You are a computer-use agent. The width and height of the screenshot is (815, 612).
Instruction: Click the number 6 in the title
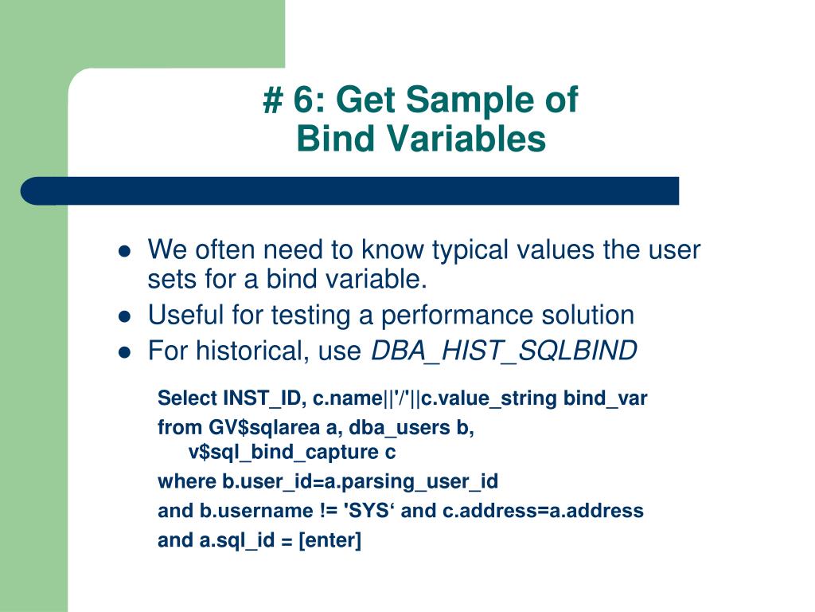click(303, 101)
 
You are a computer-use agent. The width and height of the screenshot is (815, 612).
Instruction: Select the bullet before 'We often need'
click(124, 251)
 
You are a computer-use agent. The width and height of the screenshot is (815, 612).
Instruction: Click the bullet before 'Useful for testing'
click(124, 316)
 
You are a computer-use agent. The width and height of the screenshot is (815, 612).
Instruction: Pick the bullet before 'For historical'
click(124, 351)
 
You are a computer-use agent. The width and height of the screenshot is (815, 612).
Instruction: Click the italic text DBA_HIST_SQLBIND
click(504, 351)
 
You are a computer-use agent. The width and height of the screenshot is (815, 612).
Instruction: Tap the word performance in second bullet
click(469, 315)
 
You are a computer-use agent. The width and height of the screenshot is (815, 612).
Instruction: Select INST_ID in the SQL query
click(252, 398)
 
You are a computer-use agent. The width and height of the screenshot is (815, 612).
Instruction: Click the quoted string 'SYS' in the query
click(372, 511)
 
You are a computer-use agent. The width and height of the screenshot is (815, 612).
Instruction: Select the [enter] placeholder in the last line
click(330, 540)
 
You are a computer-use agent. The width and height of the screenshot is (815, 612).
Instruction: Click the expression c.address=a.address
click(543, 511)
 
